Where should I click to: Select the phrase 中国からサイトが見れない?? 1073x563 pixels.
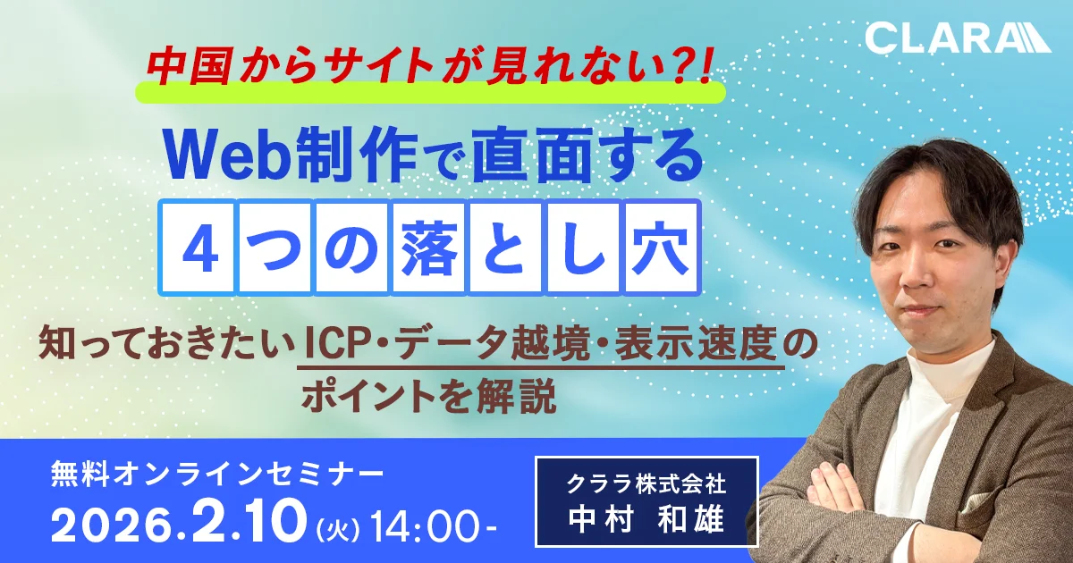(x=429, y=68)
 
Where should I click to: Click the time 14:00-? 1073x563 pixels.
(x=433, y=525)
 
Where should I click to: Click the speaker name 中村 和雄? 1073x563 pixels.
(x=646, y=518)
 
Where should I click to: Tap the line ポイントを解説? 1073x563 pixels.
(x=428, y=395)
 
